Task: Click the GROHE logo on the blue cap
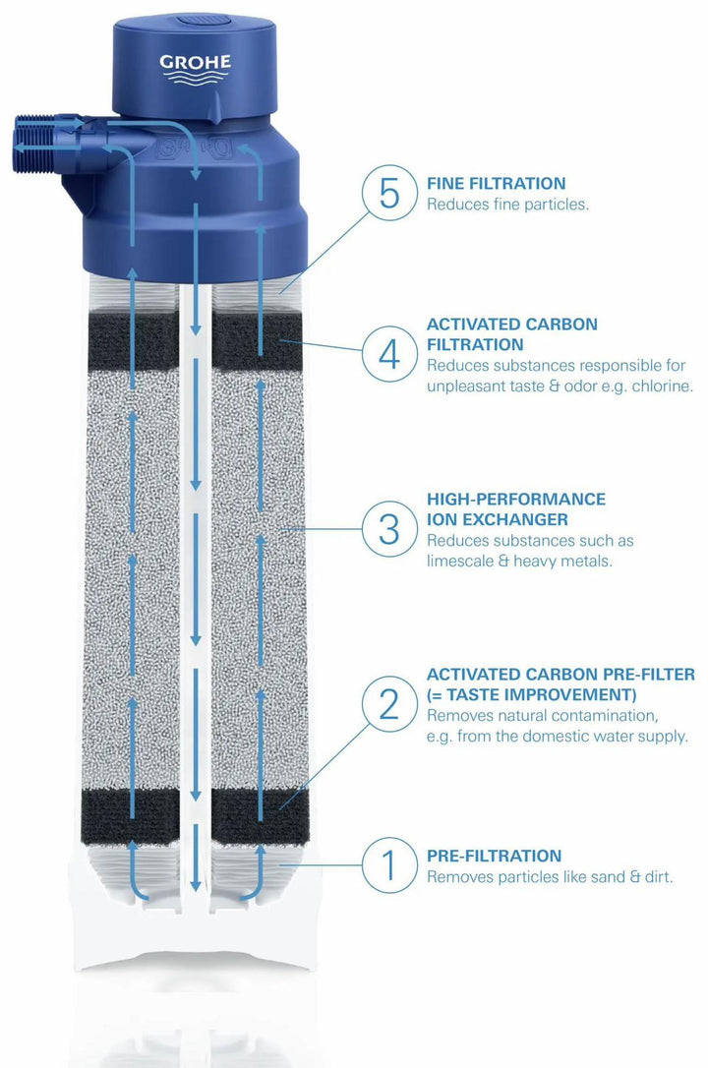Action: [196, 70]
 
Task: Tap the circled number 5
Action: [388, 193]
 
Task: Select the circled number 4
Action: [388, 354]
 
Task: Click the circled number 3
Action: [388, 528]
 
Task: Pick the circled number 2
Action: [388, 704]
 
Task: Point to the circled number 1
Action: [388, 865]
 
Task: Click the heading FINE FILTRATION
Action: [497, 183]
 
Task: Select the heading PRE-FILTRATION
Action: [495, 856]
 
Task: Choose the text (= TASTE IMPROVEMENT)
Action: [532, 694]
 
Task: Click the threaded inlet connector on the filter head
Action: [34, 143]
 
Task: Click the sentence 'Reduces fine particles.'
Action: [507, 205]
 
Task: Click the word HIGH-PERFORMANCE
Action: [516, 500]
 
